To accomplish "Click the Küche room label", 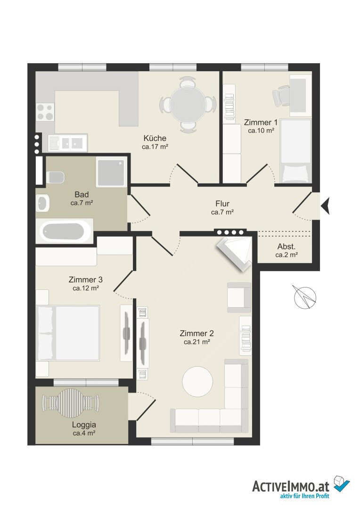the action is [x=155, y=138].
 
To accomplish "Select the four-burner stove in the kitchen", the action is [x=45, y=112].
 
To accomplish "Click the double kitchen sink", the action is [x=68, y=143].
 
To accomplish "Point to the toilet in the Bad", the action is [x=55, y=177].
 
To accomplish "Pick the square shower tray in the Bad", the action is [x=111, y=172].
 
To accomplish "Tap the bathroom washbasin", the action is [x=42, y=203].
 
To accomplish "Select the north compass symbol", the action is [x=305, y=297].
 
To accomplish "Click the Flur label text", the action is [x=222, y=204].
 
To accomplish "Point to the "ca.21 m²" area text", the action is [x=196, y=342].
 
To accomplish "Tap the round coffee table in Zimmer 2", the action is [x=197, y=382].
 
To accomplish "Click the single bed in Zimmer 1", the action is [x=295, y=151].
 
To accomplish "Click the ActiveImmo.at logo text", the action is [x=291, y=486].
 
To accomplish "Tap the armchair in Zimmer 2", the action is [x=239, y=297].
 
